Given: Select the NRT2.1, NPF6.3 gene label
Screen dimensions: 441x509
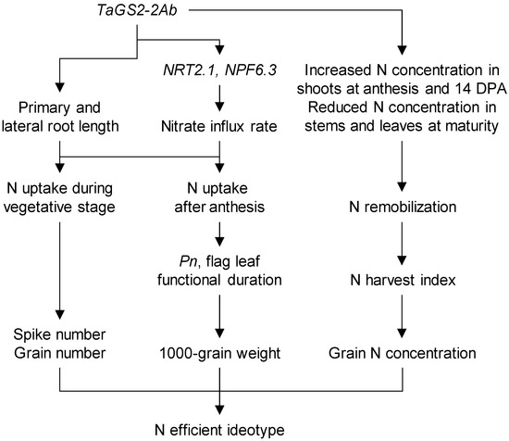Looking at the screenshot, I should point(220,68).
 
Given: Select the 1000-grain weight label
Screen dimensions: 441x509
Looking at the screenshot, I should point(220,354).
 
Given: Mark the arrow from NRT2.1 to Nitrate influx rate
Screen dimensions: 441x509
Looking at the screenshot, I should point(220,91).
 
